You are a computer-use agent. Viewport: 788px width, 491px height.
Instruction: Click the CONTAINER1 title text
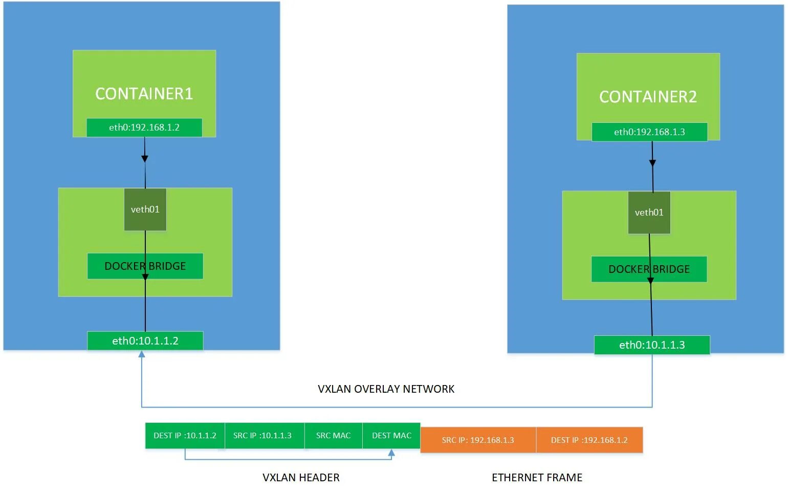(144, 94)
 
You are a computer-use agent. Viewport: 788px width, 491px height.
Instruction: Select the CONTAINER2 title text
(648, 97)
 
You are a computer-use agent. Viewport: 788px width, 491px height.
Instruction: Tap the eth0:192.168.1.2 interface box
(144, 127)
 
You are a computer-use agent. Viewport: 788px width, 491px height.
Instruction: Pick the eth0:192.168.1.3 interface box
(649, 132)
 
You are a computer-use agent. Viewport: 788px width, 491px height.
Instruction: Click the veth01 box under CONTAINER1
(145, 209)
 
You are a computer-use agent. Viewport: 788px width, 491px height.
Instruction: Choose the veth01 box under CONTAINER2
(649, 212)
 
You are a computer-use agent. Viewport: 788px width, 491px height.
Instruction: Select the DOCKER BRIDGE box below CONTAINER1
(145, 266)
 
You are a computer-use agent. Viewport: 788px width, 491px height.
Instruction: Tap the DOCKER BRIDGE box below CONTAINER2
(649, 269)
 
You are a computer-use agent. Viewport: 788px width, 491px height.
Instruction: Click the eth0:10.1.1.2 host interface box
(145, 341)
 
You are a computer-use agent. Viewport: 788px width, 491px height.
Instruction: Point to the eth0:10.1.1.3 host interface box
(652, 345)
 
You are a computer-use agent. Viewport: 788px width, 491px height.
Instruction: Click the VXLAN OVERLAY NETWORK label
(386, 389)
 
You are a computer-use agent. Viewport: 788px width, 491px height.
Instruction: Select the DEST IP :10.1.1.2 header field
(185, 436)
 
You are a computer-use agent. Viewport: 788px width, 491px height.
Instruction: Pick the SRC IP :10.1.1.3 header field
(262, 436)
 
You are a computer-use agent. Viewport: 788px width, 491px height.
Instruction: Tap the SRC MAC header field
(333, 436)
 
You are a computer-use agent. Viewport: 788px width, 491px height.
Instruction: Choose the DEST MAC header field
(391, 436)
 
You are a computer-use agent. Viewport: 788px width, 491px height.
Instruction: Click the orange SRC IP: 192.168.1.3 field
(478, 440)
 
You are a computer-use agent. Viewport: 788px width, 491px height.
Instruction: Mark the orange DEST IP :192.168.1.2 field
(589, 440)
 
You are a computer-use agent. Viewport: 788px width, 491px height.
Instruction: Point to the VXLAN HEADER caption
(301, 478)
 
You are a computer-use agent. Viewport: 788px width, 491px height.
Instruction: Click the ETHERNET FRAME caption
(537, 478)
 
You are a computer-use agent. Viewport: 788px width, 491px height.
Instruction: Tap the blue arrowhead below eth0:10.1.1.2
(142, 354)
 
